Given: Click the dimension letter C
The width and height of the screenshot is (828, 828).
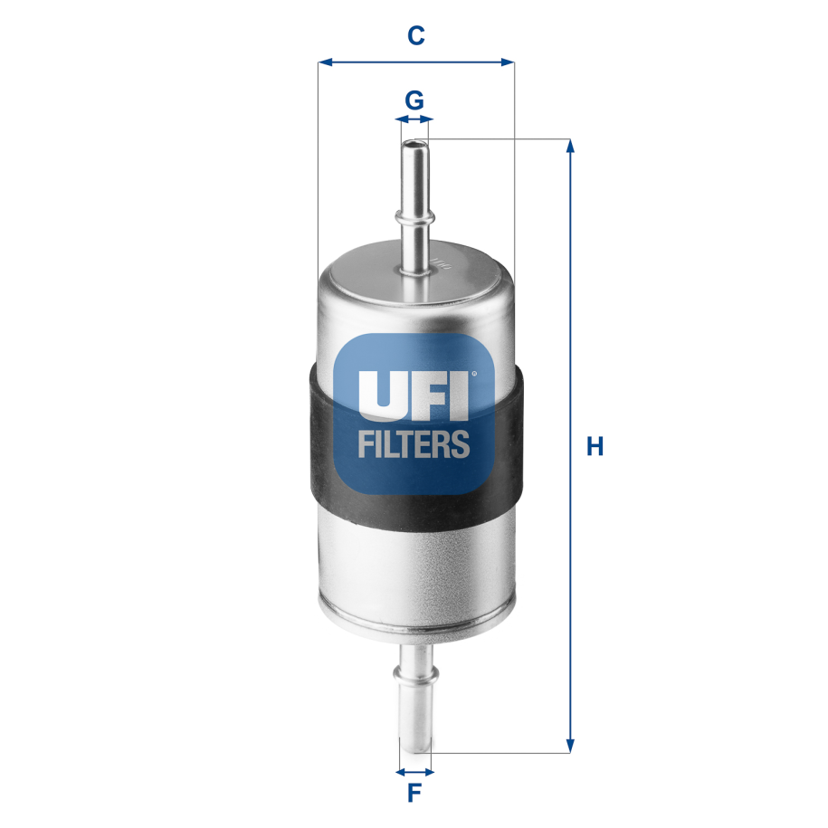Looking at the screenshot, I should [415, 35].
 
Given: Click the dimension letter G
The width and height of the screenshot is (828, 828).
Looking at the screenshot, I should [414, 100].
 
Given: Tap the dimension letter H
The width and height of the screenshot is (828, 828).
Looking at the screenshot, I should [595, 446].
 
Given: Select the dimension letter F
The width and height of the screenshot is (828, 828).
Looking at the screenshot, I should [414, 794].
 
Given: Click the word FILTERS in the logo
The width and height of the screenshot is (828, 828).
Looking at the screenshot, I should [414, 443].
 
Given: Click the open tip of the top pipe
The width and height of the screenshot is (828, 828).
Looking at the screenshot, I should [414, 143].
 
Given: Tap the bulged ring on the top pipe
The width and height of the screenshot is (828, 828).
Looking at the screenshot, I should [415, 216].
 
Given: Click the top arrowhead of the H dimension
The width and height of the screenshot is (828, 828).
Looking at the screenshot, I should [570, 145].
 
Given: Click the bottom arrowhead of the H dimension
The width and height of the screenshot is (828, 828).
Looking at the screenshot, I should [570, 747].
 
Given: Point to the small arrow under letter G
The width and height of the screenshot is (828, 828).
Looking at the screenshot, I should [414, 119].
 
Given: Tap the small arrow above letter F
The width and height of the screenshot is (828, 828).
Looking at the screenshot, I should [415, 772].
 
